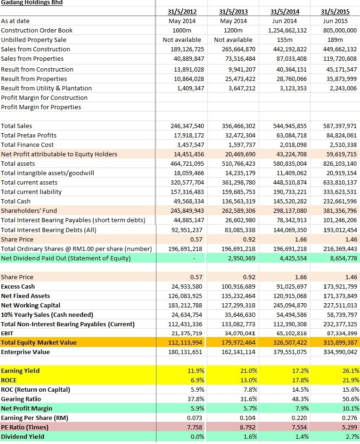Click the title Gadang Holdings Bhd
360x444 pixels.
pyautogui.click(x=32, y=3)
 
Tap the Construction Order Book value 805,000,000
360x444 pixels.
pyautogui.click(x=338, y=30)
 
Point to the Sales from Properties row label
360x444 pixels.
pyautogui.click(x=33, y=58)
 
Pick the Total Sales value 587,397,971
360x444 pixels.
pyautogui.click(x=338, y=126)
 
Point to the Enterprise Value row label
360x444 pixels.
pyautogui.click(x=25, y=352)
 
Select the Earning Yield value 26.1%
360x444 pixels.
pyautogui.click(x=350, y=371)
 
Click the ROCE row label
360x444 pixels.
pyautogui.click(x=9, y=380)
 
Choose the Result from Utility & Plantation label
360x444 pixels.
pyautogui.click(x=46, y=88)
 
